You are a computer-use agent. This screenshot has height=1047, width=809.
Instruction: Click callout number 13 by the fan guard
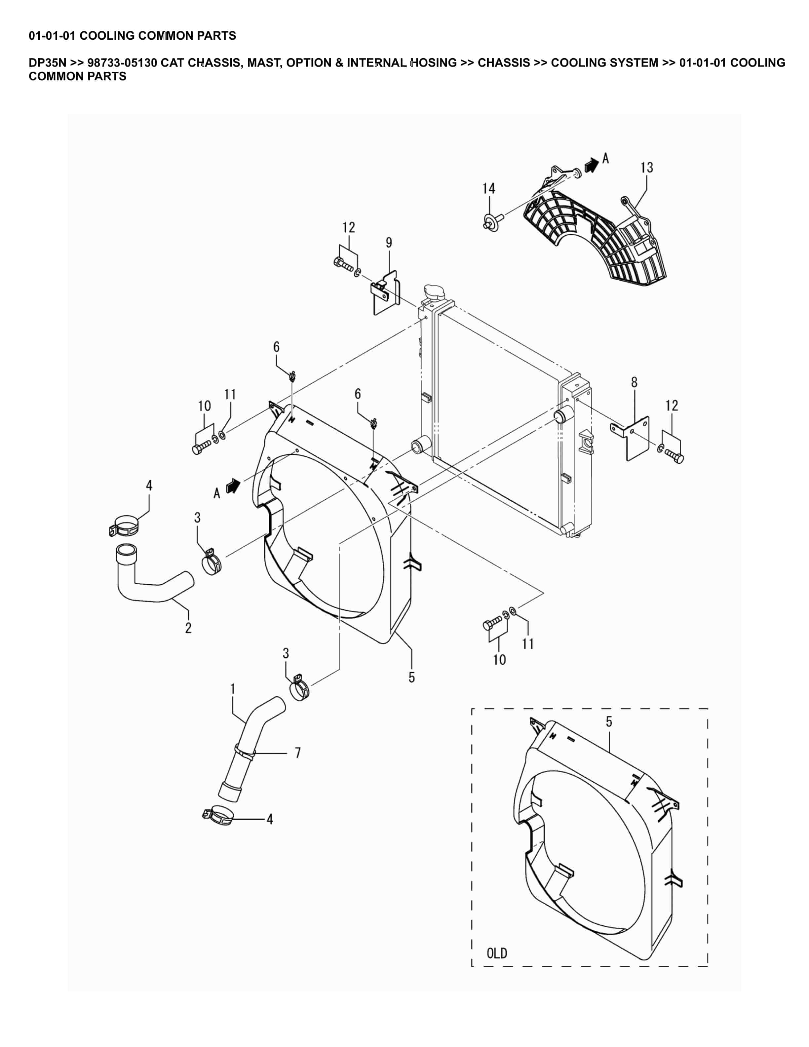pyautogui.click(x=646, y=168)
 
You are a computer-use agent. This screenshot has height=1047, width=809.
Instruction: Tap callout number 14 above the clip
pyautogui.click(x=488, y=189)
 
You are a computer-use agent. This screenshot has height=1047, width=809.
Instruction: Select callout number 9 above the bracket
pyautogui.click(x=389, y=243)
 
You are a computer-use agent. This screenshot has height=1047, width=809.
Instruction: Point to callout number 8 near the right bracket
pyautogui.click(x=634, y=383)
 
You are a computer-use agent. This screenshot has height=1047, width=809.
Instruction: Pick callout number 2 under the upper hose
pyautogui.click(x=188, y=628)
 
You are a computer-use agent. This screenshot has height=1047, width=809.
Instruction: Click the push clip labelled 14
pyautogui.click(x=491, y=221)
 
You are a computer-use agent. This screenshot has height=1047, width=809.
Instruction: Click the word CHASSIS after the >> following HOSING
pyautogui.click(x=504, y=63)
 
